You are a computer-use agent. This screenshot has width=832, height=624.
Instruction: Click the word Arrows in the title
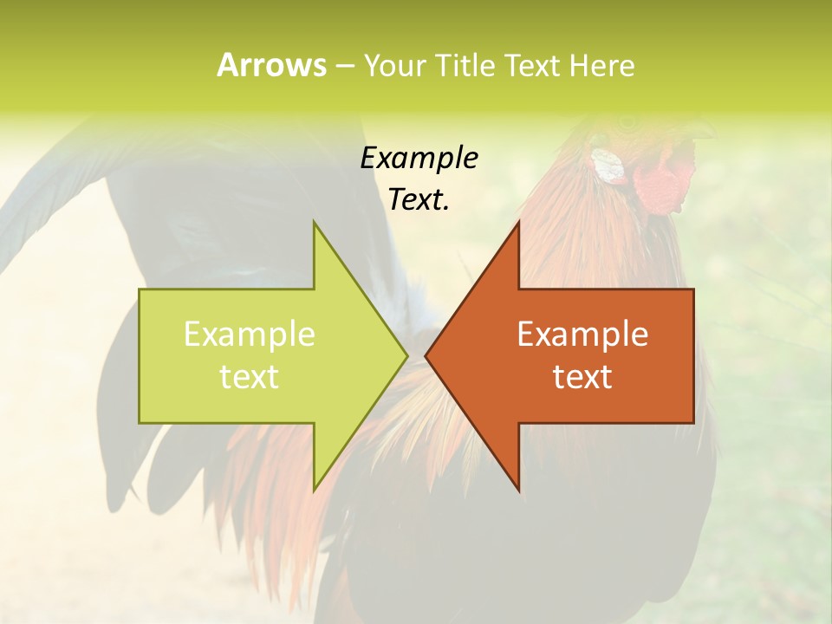[272, 65]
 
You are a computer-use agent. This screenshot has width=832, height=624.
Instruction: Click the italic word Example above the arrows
[419, 158]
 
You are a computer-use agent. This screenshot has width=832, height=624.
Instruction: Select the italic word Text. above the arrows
[419, 199]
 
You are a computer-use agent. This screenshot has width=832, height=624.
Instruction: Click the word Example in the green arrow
[249, 334]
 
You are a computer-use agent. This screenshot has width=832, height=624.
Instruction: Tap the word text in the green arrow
[249, 376]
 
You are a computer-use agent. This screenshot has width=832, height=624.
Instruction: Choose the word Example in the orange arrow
[582, 334]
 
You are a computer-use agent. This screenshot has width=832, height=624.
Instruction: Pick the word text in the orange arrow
[582, 376]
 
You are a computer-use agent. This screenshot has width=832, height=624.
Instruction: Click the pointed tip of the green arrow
[407, 355]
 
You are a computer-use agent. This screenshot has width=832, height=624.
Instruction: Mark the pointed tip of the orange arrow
[426, 355]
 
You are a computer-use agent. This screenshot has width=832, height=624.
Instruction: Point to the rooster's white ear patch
[609, 166]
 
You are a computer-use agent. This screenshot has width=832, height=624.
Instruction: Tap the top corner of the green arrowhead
[314, 223]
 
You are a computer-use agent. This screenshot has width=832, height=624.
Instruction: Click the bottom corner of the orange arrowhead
[519, 491]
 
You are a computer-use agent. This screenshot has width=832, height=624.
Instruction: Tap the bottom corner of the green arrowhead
[314, 491]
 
